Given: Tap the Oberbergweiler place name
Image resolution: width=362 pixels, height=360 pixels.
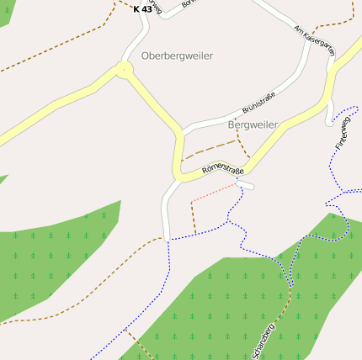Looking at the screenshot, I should pos(177,56).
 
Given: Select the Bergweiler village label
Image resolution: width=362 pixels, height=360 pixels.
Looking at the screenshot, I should pos(253,124).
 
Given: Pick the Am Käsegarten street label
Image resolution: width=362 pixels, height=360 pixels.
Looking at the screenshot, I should pos(314,40).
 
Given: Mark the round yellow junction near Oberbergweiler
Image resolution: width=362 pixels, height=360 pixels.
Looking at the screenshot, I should pos(125,71).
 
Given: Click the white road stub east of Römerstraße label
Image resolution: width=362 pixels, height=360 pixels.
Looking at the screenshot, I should pos(246,185).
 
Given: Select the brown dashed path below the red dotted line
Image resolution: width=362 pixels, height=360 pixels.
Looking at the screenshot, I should pos(194,217).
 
